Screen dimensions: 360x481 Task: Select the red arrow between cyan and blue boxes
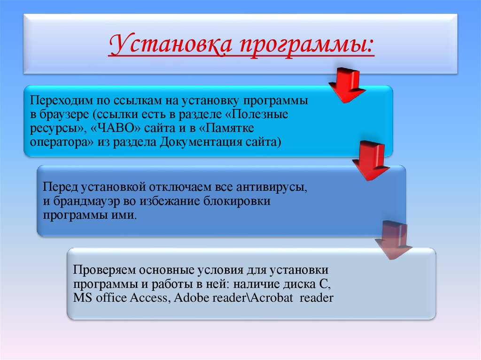tap(371, 162)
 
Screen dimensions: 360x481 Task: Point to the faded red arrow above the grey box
tap(394, 238)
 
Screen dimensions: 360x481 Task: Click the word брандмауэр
tap(84, 202)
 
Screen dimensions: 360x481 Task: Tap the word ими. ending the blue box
tap(128, 215)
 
